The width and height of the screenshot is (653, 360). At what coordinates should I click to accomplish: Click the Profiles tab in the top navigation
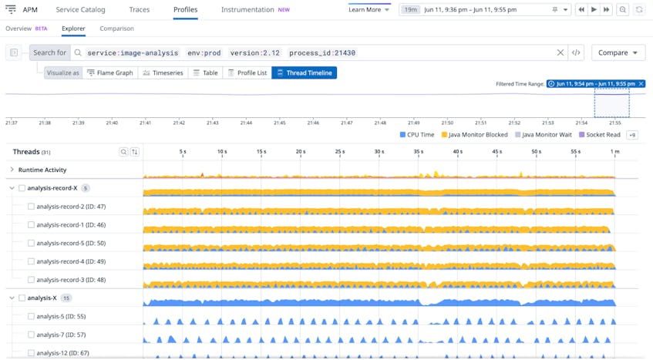[x=185, y=10]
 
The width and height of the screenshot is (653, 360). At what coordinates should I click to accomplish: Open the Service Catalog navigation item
[x=80, y=10]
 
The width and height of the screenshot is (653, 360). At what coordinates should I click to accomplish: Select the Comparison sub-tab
[x=116, y=29]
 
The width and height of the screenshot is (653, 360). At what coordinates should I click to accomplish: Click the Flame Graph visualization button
[x=110, y=72]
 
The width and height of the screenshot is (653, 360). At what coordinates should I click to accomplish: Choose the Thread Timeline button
[x=305, y=72]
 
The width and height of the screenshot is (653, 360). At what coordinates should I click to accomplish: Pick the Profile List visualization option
[x=247, y=72]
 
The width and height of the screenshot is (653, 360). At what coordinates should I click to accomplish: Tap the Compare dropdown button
[x=618, y=52]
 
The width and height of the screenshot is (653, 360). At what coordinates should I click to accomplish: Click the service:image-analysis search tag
[x=133, y=53]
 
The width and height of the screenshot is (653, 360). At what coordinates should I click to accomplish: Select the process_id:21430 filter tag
[x=322, y=53]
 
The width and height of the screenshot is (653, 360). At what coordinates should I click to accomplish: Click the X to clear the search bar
[x=560, y=52]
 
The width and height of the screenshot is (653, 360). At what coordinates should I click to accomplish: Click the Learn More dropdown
[x=369, y=10]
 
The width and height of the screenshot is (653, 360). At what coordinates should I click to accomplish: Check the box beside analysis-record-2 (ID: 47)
[x=32, y=207]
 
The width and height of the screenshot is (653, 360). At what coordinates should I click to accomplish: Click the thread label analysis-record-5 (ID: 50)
[x=71, y=244]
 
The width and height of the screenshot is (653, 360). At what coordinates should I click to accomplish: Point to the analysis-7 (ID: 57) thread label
[x=62, y=335]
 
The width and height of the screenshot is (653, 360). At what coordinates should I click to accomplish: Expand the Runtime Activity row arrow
[x=12, y=170]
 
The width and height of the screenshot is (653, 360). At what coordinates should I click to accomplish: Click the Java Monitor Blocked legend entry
[x=474, y=135]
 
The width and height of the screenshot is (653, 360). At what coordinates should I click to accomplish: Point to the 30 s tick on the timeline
[x=379, y=152]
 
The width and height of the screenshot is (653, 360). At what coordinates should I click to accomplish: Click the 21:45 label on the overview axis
[x=279, y=123]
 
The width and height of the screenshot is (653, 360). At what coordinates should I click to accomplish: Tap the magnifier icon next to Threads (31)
[x=123, y=152]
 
